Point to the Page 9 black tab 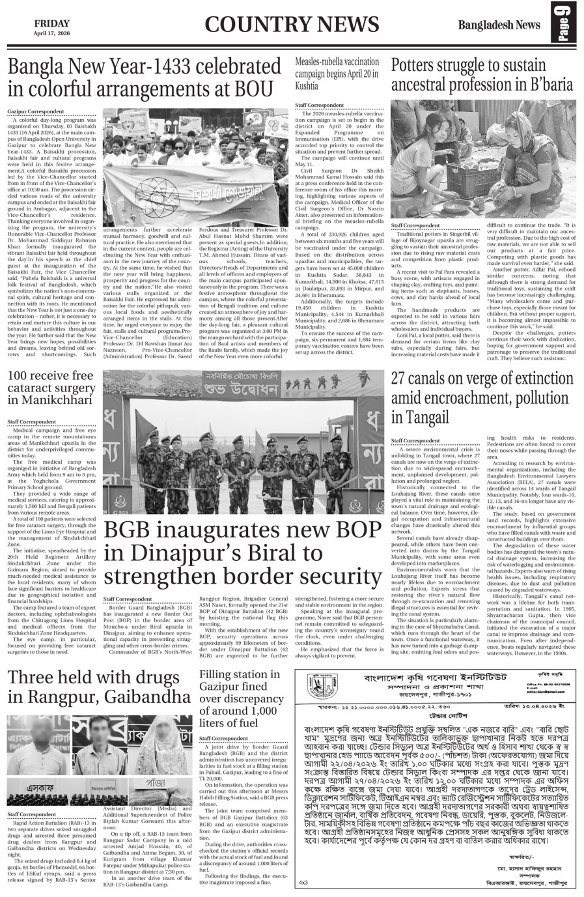564,25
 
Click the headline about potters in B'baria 482,74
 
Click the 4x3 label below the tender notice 303,882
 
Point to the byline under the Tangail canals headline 415,441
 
